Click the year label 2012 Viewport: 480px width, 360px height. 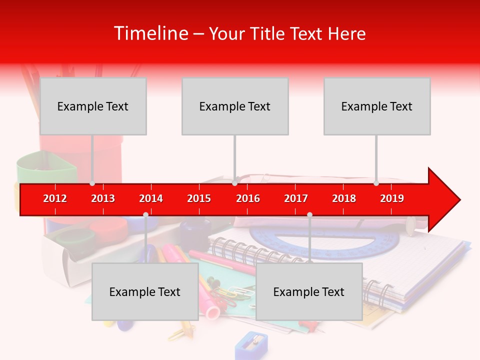pos(55,198)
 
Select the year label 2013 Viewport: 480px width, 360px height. pos(103,198)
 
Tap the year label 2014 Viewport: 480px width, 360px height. pos(151,198)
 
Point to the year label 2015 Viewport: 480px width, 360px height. pos(199,198)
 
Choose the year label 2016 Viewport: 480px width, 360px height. pos(248,198)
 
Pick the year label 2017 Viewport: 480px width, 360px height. pos(296,198)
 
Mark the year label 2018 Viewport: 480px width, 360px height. pos(344,198)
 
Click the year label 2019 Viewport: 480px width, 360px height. pos(392,198)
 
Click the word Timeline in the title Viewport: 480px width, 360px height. pos(150,33)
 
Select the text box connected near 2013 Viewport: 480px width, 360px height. pos(93,106)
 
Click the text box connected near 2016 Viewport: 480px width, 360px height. pos(235,106)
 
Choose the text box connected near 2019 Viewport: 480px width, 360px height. pos(377,106)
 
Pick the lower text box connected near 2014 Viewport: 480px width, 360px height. pos(145,291)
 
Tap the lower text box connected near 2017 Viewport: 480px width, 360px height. pos(309,291)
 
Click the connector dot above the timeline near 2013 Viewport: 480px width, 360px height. pos(92,183)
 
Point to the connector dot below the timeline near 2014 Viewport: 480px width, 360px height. pos(145,214)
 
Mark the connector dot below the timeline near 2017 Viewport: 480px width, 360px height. pos(309,214)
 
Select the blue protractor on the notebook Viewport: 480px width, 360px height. pos(325,240)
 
